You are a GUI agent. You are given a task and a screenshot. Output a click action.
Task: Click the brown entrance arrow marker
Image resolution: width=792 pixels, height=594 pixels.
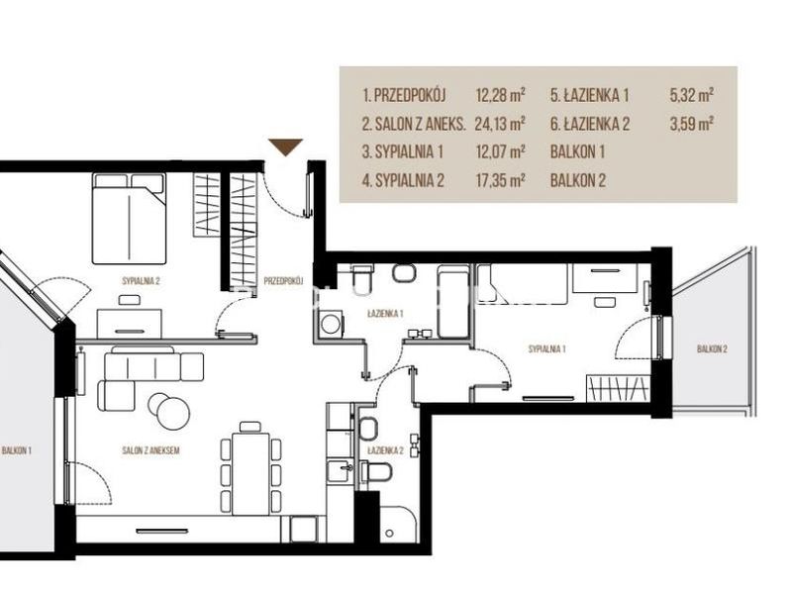(x=285, y=147)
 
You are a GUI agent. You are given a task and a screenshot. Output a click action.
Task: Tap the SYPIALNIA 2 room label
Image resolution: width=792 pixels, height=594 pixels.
(x=141, y=281)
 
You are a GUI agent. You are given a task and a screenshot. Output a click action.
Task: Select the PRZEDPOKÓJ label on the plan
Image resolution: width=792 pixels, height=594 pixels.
(x=283, y=281)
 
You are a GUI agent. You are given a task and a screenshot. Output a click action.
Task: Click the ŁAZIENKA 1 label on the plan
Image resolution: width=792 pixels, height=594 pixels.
(x=385, y=314)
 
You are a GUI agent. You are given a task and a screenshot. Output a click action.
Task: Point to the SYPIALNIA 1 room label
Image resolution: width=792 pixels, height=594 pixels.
(x=547, y=349)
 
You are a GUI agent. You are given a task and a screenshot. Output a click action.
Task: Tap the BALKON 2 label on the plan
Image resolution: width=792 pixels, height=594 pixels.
(x=712, y=349)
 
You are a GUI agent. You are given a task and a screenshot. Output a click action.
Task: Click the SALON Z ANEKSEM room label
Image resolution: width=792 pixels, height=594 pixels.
(x=150, y=450)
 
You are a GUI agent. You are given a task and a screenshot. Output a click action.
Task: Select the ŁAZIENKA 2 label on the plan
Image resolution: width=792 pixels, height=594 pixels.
(x=385, y=450)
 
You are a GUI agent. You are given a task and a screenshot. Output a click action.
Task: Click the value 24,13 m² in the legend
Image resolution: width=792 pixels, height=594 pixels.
(x=500, y=123)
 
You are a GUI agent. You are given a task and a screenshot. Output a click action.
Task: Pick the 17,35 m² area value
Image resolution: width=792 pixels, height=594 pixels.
(x=500, y=180)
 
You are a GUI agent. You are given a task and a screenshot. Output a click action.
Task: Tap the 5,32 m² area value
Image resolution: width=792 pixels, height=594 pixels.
(x=691, y=95)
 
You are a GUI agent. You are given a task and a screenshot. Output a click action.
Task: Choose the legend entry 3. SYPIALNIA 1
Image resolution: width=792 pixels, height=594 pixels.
(x=403, y=151)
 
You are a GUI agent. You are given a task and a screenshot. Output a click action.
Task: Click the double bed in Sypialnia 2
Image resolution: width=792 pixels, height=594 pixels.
(x=130, y=218)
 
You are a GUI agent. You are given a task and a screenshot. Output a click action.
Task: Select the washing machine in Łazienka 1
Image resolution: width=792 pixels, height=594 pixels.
(x=332, y=324)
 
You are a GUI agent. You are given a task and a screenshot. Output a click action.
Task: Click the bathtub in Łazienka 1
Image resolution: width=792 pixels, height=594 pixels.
(x=453, y=303)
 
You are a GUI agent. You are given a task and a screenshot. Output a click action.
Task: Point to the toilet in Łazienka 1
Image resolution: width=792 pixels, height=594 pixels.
(x=361, y=276)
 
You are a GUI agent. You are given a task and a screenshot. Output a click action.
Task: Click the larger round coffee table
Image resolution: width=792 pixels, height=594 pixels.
(x=172, y=412)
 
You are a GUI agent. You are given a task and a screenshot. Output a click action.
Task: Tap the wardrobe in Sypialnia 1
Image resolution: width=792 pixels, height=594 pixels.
(x=619, y=388)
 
